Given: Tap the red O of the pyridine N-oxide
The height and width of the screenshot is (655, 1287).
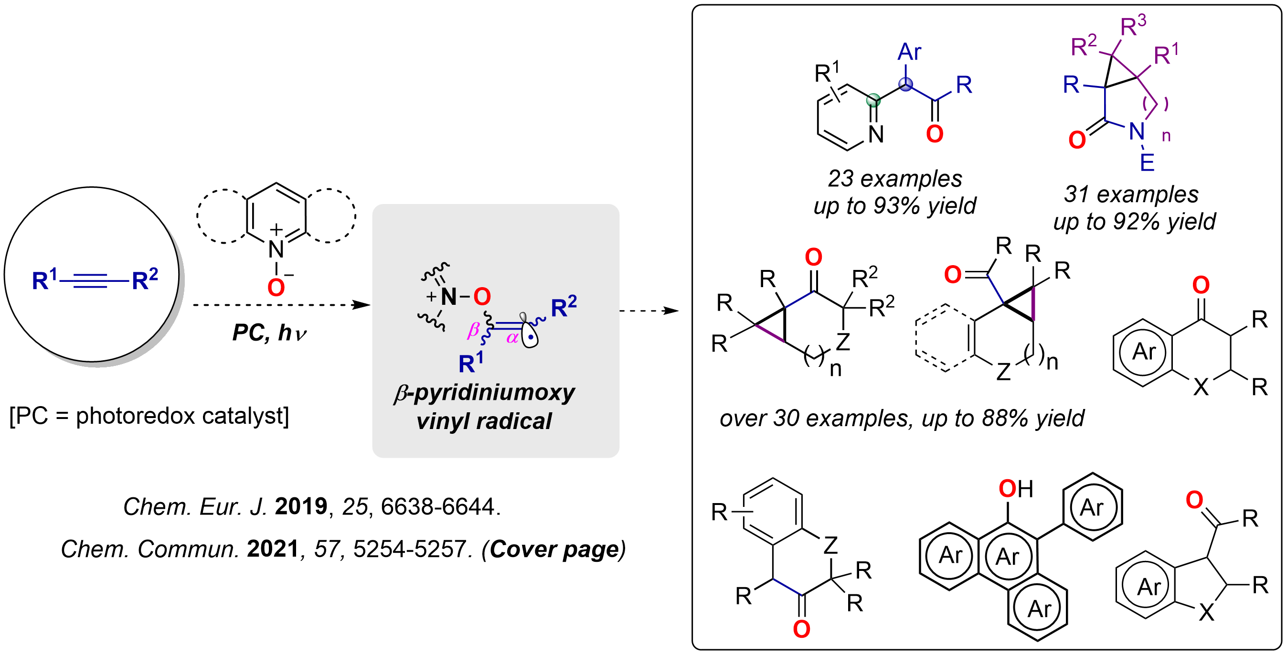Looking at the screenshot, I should pos(276,288).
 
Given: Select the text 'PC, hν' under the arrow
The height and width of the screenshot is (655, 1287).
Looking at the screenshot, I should pos(269,333).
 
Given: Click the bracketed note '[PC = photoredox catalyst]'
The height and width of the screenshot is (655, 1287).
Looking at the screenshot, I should pos(149,416).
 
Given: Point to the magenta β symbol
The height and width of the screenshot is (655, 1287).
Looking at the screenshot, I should pos(473,330).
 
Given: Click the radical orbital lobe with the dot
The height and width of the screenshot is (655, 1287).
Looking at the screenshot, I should pos(530,336).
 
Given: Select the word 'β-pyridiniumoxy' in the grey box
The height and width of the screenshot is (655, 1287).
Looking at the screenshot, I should pos(484,393).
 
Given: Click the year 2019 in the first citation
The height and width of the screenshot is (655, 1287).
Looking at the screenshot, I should pos(301,506).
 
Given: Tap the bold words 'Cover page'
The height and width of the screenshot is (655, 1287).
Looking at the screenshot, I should pos(554,549).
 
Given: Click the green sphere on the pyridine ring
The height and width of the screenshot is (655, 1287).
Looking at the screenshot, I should pos(873,100).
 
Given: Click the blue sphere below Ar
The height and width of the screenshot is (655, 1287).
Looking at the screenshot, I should pos(906,84).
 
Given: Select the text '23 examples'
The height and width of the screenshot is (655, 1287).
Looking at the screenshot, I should pos(895,179).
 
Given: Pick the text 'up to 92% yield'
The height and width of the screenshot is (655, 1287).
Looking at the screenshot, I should pos(1134,222).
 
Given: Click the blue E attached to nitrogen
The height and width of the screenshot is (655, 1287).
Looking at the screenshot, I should pos(1147,162).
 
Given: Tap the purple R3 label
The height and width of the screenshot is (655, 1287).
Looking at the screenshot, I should pos(1133,25).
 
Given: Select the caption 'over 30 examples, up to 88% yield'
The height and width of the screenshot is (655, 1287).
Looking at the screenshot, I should pos(902,418).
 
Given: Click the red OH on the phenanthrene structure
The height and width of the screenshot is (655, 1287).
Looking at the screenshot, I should pos(1015,489).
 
